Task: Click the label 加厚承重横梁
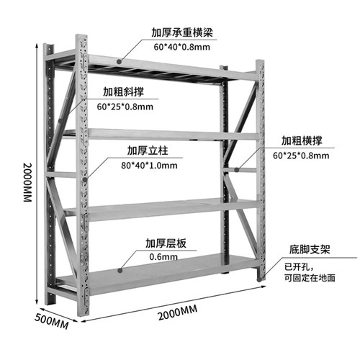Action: tap(182, 32)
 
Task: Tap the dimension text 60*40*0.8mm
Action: tap(182, 47)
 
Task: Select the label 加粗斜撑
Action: tap(123, 91)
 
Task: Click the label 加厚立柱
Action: tap(148, 150)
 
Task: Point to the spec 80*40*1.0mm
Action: tap(149, 166)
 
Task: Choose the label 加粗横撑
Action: tap(302, 140)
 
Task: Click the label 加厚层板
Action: tap(166, 243)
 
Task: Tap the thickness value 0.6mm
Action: tap(163, 257)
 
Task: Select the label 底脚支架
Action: tap(310, 250)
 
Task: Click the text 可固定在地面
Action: tap(310, 278)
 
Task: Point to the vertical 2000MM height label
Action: tap(27, 182)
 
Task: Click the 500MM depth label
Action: tap(51, 321)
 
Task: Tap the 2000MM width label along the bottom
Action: tap(178, 312)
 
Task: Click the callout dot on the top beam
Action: tap(119, 62)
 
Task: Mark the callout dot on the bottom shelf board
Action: tap(120, 271)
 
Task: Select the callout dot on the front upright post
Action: tap(85, 179)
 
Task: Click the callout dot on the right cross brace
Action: tap(237, 170)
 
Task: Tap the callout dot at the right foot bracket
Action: tap(259, 279)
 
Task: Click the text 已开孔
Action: tap(297, 266)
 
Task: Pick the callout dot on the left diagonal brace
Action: tap(60, 120)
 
